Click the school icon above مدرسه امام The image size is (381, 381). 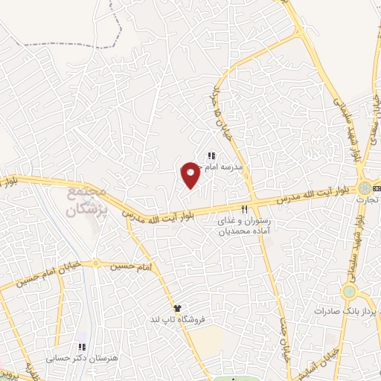click(211, 156)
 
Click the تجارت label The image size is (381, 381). click(368, 199)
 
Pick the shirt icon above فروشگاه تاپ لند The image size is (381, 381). click(177, 307)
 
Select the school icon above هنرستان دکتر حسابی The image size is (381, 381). click(82, 347)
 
